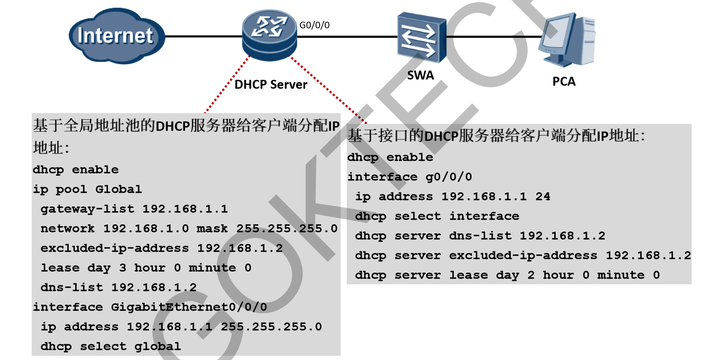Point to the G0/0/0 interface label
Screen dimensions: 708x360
point(314,25)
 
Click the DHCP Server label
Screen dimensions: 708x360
point(271,85)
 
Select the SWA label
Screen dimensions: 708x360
point(420,75)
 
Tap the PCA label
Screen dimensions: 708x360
point(564,81)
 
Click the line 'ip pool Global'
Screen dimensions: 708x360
point(87,189)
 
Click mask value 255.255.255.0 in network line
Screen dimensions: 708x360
point(286,229)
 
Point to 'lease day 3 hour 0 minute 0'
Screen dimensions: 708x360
point(146,268)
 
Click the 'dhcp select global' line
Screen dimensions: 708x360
point(110,346)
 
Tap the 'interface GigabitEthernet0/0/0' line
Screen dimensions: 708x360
point(150,307)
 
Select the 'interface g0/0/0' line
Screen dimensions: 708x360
point(409,177)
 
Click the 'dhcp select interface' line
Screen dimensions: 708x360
point(437,216)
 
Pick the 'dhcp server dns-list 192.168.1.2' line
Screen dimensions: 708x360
point(480,236)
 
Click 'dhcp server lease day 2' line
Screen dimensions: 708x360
point(507,275)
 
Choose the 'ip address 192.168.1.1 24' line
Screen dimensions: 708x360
point(452,196)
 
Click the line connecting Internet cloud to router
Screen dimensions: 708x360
point(203,36)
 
